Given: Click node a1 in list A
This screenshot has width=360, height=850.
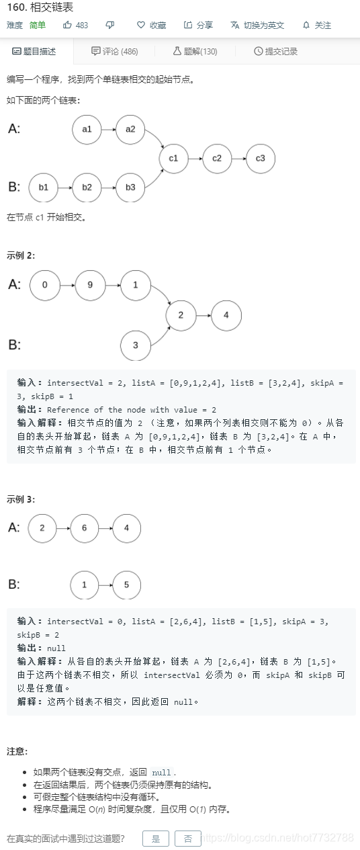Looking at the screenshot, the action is pyautogui.click(x=87, y=130).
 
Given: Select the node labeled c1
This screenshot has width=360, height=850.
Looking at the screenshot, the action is pyautogui.click(x=173, y=159).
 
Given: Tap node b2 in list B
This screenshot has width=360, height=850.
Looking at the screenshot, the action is pyautogui.click(x=87, y=187).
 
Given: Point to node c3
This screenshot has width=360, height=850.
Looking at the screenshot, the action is pyautogui.click(x=261, y=159).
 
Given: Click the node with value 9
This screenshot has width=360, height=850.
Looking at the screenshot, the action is pyautogui.click(x=89, y=285).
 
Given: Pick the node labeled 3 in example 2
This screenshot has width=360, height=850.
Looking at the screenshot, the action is pyautogui.click(x=136, y=345).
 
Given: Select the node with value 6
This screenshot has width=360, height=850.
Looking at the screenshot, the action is pyautogui.click(x=84, y=528).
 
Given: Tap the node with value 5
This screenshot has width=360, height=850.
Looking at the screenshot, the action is pyautogui.click(x=126, y=585).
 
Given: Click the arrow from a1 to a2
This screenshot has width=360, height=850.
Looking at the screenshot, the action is pyautogui.click(x=108, y=130).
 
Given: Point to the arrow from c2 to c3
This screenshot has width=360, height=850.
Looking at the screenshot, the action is pyautogui.click(x=238, y=159).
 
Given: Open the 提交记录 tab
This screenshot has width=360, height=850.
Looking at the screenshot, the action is pyautogui.click(x=275, y=51).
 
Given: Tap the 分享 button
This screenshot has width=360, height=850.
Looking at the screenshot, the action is pyautogui.click(x=198, y=26).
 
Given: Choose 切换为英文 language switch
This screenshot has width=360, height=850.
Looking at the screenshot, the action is pyautogui.click(x=257, y=26).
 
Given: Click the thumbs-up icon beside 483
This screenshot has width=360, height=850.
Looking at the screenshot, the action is pyautogui.click(x=67, y=25).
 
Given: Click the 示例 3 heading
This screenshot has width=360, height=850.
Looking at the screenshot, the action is pyautogui.click(x=21, y=499).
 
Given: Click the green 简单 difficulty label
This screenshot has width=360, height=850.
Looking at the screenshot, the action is pyautogui.click(x=38, y=26).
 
